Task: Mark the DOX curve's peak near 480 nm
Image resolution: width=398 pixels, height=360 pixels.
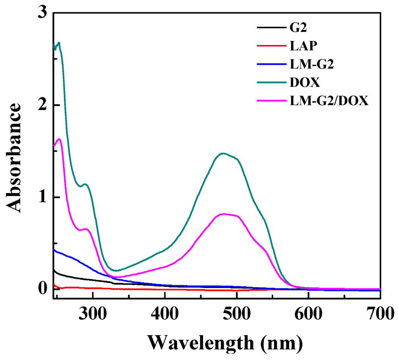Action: point(223,153)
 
